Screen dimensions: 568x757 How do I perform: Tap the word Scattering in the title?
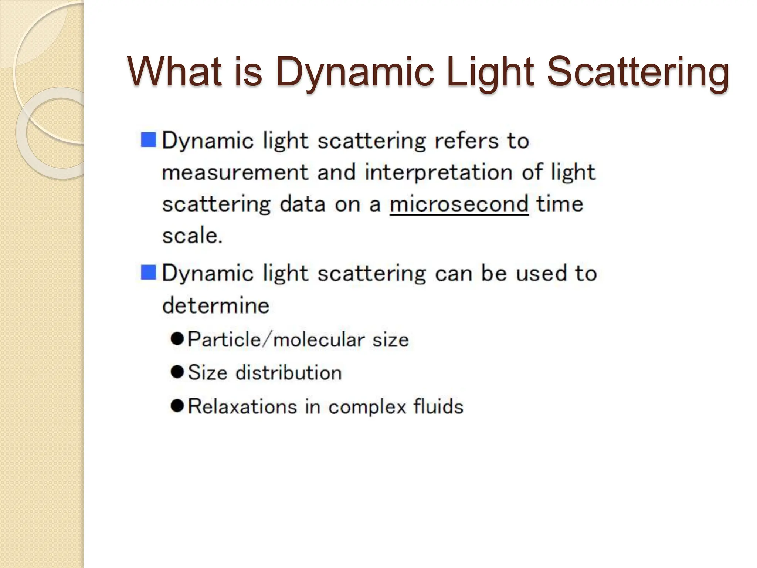[x=638, y=71]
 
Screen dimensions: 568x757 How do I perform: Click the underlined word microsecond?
[x=459, y=204]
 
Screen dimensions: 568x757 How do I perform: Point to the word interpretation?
[x=438, y=173]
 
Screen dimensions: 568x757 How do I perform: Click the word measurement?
[x=235, y=173]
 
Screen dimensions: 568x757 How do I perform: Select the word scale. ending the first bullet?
[x=192, y=236]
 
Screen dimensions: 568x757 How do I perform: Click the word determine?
[x=216, y=305]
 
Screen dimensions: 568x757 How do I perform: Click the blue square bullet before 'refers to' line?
[x=149, y=140]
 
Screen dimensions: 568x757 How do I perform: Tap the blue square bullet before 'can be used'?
[x=149, y=273]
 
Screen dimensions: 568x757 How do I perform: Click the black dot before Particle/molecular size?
[x=177, y=339]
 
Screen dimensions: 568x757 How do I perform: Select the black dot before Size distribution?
[x=177, y=372]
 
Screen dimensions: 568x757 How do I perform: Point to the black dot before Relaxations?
[x=177, y=406]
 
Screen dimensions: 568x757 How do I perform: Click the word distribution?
[x=289, y=372]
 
